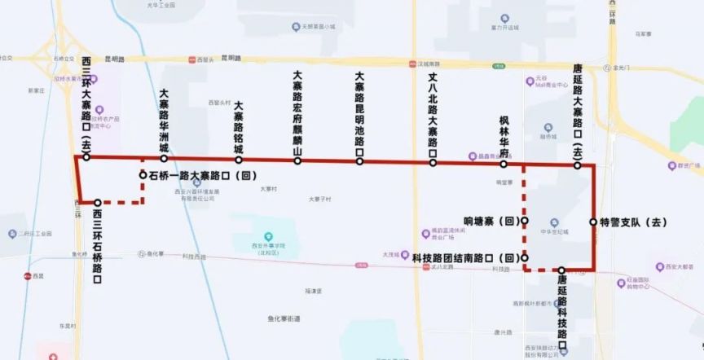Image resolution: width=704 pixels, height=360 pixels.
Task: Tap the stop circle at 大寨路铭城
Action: pyautogui.click(x=239, y=160)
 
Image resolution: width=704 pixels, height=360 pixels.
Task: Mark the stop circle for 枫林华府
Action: pyautogui.click(x=504, y=164)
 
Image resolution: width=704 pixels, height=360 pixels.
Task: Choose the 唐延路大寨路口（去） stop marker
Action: pyautogui.click(x=577, y=165)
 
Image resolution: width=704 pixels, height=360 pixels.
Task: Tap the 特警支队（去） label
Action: pyautogui.click(x=634, y=222)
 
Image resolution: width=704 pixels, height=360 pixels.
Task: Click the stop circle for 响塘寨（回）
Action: pyautogui.click(x=524, y=221)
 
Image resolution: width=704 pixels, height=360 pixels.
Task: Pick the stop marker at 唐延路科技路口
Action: pyautogui.click(x=561, y=270)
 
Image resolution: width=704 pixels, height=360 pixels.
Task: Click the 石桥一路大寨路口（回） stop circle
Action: pyautogui.click(x=143, y=174)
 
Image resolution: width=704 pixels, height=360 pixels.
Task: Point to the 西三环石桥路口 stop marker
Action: pyautogui.click(x=98, y=203)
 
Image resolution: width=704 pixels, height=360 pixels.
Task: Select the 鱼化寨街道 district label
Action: pyautogui.click(x=284, y=318)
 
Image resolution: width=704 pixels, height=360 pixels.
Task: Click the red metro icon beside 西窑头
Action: pyautogui.click(x=191, y=59)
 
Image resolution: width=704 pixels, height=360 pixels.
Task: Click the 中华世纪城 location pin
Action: pyautogui.click(x=554, y=222)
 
